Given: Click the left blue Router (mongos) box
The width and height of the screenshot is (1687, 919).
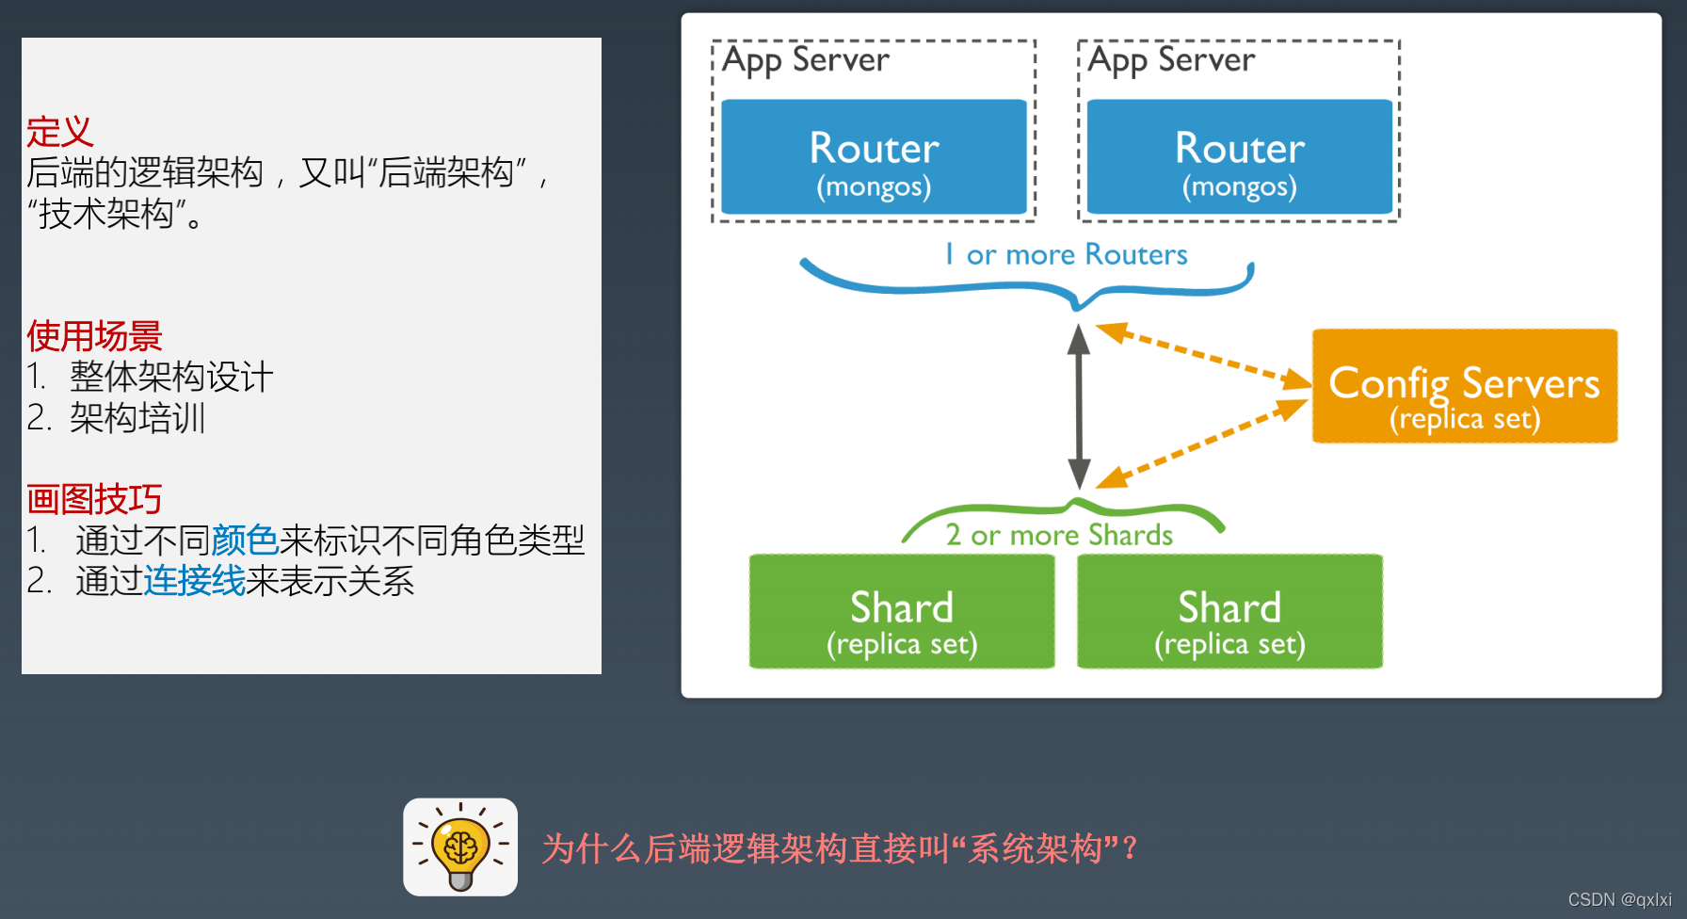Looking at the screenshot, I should (874, 157).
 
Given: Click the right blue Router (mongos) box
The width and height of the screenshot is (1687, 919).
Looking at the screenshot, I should (1239, 157).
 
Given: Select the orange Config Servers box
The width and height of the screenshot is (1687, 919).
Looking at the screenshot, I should (1464, 386).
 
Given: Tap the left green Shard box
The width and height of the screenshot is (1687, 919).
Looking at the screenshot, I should (901, 611).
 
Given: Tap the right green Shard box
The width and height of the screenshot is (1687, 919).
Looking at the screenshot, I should (1229, 611).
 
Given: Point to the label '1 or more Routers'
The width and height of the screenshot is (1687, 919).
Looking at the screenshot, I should (1067, 254).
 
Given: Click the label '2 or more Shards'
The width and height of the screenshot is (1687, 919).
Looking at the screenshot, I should (1059, 535).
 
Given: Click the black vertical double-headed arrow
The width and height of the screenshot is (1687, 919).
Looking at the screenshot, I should (1079, 405).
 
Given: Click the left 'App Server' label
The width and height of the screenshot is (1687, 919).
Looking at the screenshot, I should (805, 60).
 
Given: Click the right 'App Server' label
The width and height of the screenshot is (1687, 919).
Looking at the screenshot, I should (1171, 60).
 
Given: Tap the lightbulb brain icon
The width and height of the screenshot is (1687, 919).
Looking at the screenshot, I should (460, 846).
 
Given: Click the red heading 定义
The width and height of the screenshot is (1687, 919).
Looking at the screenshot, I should (59, 132).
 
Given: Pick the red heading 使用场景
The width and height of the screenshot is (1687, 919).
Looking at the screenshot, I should (94, 335).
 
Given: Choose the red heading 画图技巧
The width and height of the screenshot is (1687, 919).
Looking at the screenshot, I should (94, 498).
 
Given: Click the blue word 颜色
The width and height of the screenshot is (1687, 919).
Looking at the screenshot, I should (245, 540).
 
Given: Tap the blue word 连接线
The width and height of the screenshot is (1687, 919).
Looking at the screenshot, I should (194, 581).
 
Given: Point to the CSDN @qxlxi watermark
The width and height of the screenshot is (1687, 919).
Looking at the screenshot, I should (1619, 900).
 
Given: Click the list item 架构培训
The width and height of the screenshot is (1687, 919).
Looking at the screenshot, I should (137, 418).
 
